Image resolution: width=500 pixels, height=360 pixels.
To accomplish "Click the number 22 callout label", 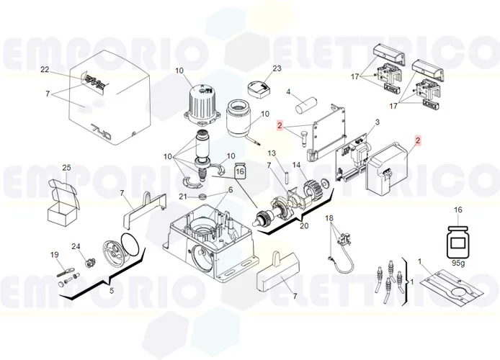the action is (45, 69).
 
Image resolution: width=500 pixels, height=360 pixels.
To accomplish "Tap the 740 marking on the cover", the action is (101, 131).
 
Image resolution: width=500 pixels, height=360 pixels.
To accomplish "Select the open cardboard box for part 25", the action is (63, 202).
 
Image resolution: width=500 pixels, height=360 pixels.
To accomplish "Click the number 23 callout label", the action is (277, 68).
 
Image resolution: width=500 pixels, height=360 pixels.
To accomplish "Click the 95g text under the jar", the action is (458, 264).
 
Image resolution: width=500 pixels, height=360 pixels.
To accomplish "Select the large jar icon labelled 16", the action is (458, 242).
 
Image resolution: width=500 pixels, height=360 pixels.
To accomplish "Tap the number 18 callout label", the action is (329, 218).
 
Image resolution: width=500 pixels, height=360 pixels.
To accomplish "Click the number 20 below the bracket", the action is (304, 225).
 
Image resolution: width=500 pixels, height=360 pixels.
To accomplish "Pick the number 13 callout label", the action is (272, 153).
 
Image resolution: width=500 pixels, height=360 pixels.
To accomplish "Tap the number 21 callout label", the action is (183, 197).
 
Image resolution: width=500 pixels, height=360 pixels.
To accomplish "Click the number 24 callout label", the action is (76, 246).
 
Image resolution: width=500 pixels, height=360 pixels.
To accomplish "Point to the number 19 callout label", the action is (55, 255).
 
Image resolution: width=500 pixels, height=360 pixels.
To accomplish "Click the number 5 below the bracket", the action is (111, 291).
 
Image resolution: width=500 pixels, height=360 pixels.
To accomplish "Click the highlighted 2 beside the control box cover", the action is (418, 140).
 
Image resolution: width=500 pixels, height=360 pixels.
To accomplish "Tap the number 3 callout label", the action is (378, 122).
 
